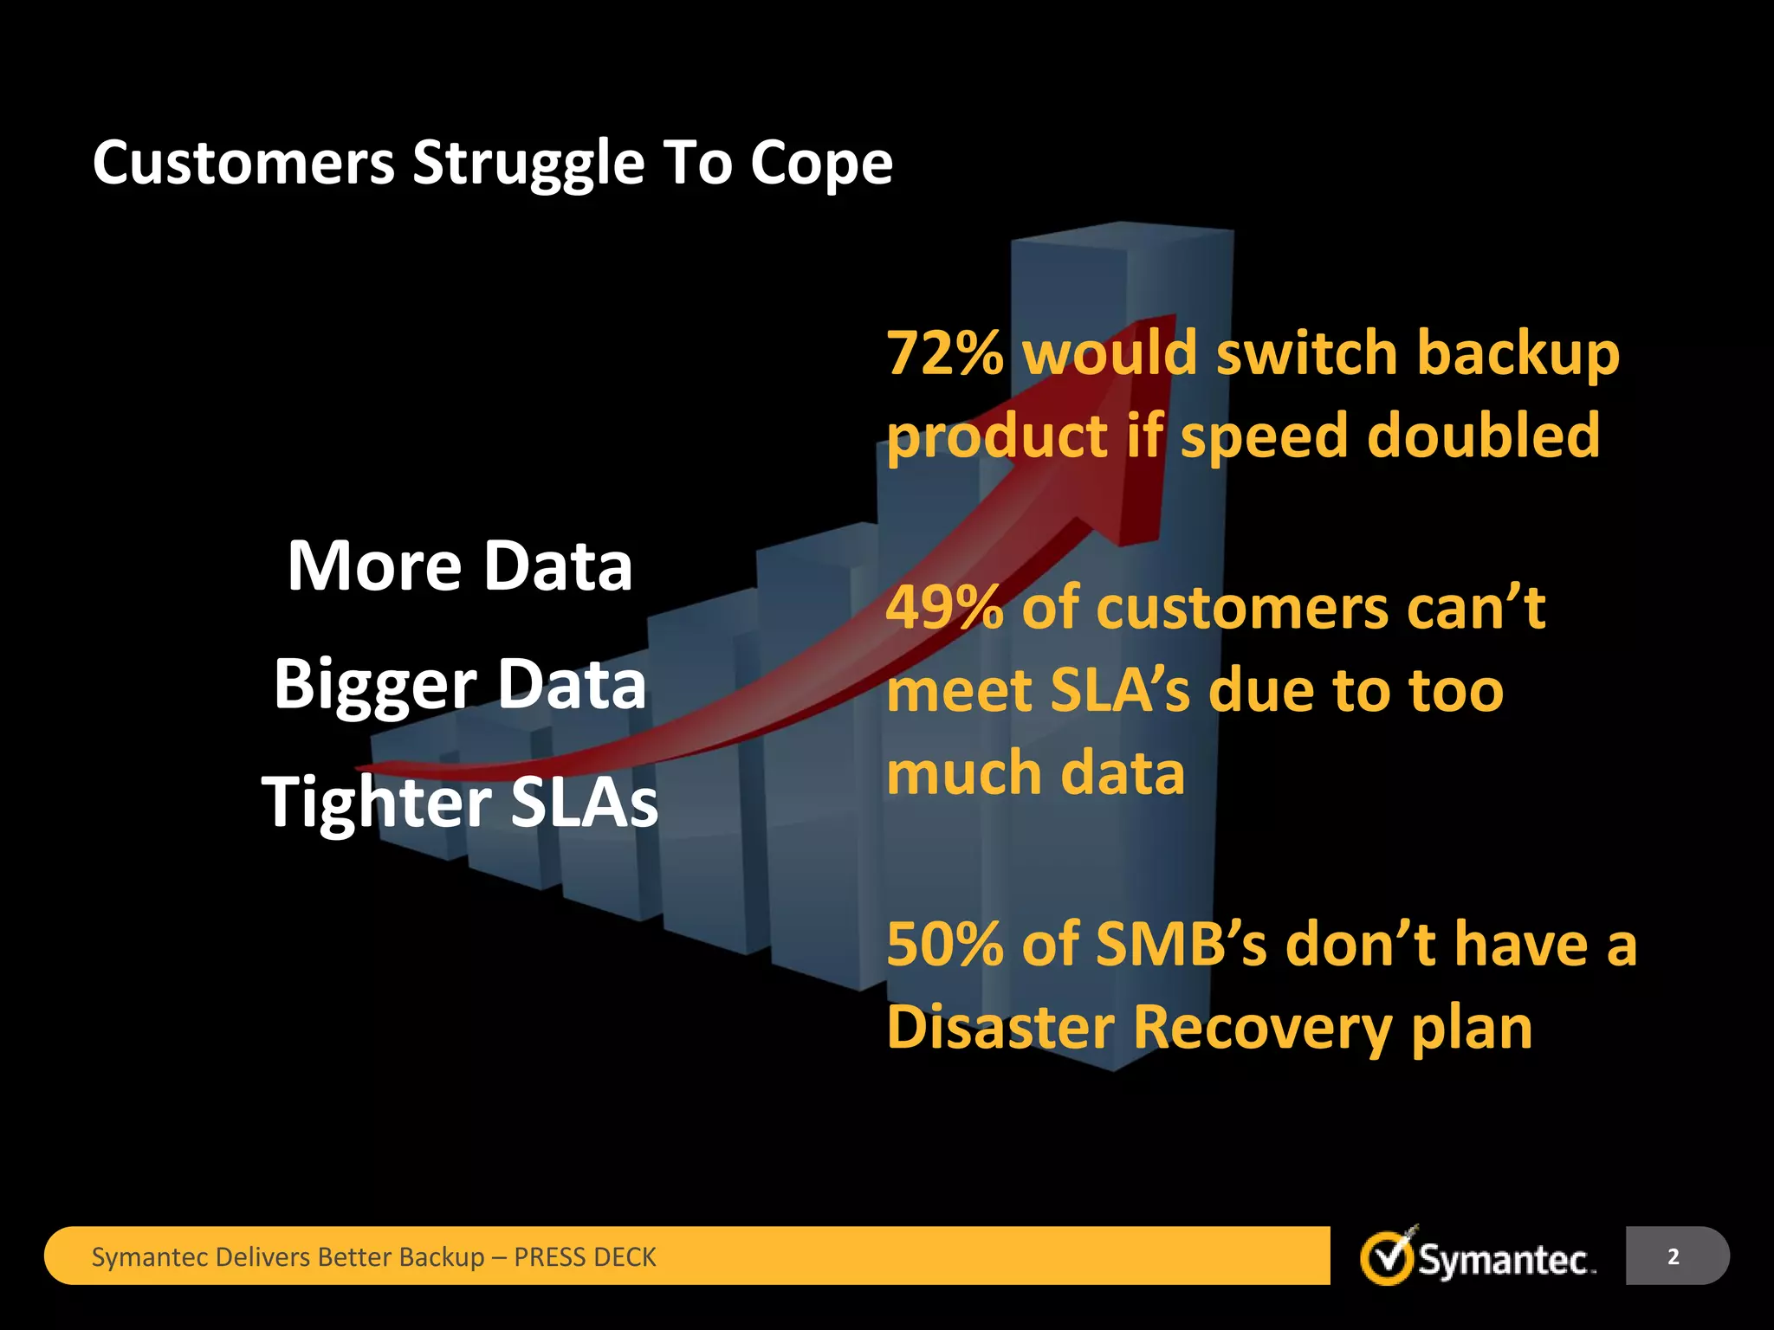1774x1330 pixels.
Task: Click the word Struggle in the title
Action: click(x=528, y=165)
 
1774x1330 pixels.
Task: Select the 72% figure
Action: click(x=945, y=353)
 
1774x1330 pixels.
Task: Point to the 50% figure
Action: click(x=944, y=944)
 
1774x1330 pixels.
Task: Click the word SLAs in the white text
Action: click(x=584, y=802)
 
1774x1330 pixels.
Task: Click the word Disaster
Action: click(x=1000, y=1027)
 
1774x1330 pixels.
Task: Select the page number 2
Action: click(x=1673, y=1256)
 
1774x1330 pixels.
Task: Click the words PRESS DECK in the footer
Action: click(x=585, y=1257)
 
